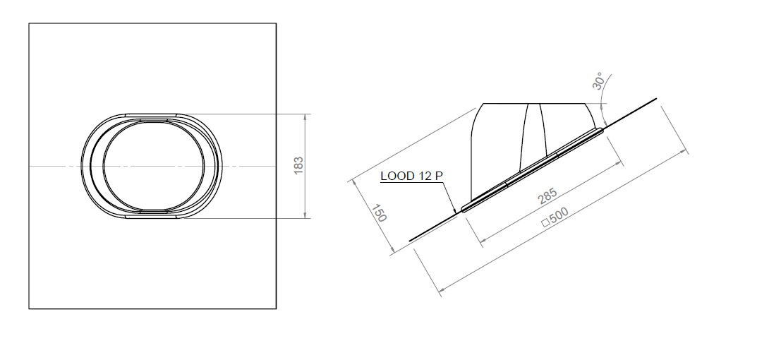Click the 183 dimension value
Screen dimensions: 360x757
(298, 166)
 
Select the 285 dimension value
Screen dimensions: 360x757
(547, 196)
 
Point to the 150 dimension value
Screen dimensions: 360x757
(379, 214)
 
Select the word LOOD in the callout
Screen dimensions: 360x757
(395, 176)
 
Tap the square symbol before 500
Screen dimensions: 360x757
(544, 224)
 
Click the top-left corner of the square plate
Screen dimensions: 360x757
(29, 23)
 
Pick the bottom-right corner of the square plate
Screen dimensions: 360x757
(276, 308)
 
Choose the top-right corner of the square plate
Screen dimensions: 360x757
(276, 23)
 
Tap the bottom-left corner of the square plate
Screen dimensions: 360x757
(29, 308)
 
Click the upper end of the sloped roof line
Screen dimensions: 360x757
(657, 98)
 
